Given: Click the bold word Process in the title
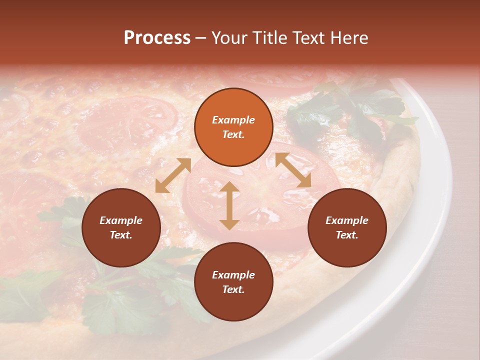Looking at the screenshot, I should click(x=157, y=38).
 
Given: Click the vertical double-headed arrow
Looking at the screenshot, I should click(x=229, y=206).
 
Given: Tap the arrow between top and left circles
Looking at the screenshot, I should click(x=173, y=175).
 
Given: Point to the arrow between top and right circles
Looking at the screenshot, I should click(x=293, y=170).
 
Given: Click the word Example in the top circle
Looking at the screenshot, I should click(x=233, y=120).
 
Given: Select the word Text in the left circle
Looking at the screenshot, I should click(x=121, y=235).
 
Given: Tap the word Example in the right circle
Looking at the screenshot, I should click(x=347, y=220).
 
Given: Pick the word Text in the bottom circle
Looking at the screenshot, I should click(x=233, y=289).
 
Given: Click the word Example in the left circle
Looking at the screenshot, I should click(x=121, y=220).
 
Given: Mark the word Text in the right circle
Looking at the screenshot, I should click(x=347, y=235).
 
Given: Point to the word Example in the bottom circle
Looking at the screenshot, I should click(x=233, y=275).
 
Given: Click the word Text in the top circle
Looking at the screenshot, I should click(x=233, y=134).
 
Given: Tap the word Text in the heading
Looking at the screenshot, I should click(x=305, y=38).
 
